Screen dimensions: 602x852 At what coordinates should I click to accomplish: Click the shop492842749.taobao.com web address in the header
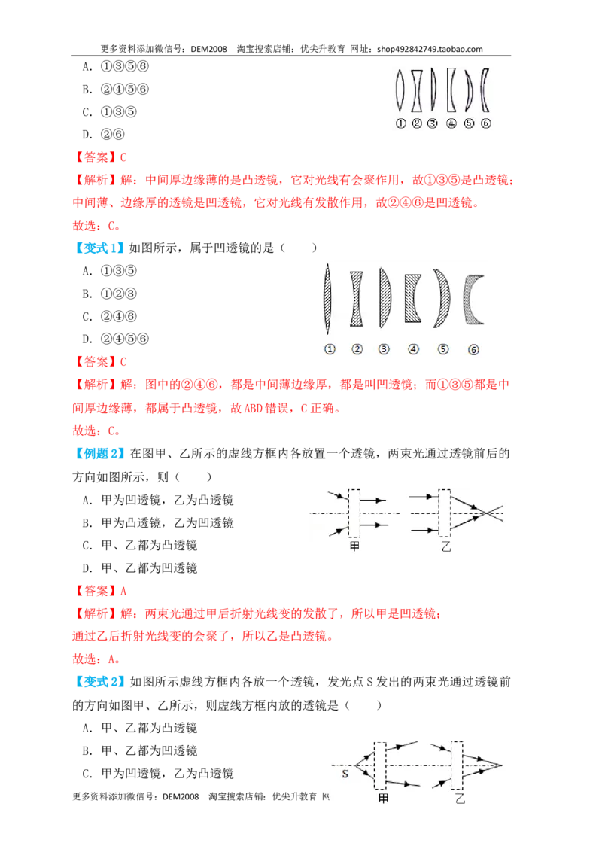[x=430, y=49]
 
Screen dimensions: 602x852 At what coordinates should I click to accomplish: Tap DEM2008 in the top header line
[x=208, y=49]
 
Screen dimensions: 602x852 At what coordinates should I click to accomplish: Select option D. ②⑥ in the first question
[x=104, y=134]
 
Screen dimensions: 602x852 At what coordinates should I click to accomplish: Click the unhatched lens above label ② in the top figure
[x=417, y=90]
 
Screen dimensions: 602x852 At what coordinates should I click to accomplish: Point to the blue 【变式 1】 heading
[x=99, y=248]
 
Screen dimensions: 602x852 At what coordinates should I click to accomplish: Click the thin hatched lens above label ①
[x=327, y=298]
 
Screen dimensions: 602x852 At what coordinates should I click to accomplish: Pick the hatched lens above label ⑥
[x=472, y=299]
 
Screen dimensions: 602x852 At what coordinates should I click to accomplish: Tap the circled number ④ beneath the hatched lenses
[x=413, y=349]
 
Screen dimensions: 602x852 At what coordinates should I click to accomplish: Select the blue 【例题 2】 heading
[x=99, y=453]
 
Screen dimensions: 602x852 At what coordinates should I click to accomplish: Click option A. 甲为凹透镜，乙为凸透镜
[x=158, y=500]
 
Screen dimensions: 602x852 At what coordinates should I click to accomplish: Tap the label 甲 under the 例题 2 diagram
[x=354, y=546]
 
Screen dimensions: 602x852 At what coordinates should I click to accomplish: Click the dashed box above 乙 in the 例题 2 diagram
[x=445, y=513]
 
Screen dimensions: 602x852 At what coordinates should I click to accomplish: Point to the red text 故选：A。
[x=96, y=659]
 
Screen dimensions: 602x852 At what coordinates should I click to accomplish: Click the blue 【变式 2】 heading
[x=99, y=681]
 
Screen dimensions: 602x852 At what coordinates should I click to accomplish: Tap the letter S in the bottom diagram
[x=345, y=774]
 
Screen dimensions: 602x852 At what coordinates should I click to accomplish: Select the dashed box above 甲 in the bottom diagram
[x=380, y=765]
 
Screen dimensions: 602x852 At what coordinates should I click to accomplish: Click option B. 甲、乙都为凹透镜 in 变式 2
[x=140, y=750]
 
